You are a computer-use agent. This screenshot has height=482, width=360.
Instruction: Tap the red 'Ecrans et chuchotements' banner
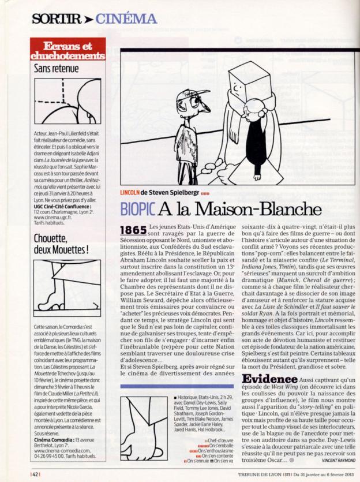[67, 50]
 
